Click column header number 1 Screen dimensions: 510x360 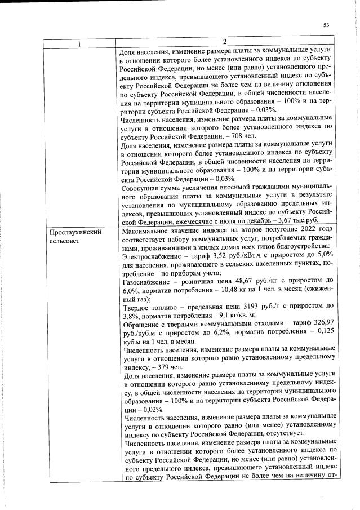[x=79, y=42]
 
